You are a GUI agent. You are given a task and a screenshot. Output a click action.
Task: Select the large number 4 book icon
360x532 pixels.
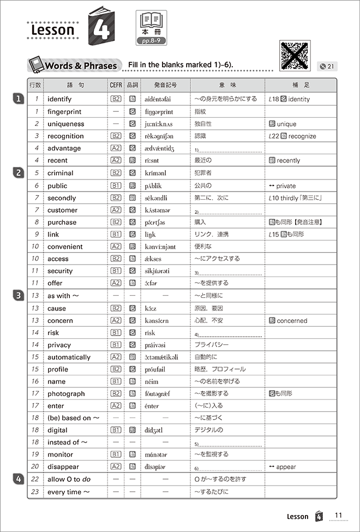click(x=100, y=27)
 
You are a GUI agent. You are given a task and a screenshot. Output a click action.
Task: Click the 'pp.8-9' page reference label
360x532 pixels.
click(x=151, y=41)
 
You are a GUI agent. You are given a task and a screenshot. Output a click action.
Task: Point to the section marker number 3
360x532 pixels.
click(x=19, y=295)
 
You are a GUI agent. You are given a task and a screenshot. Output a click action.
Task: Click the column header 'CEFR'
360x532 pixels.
click(x=116, y=85)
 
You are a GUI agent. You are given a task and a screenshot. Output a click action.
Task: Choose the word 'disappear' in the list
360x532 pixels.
click(x=63, y=467)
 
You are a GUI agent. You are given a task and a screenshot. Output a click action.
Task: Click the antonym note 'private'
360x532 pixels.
click(x=287, y=186)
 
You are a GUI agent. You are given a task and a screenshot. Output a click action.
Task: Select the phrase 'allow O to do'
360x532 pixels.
click(x=68, y=479)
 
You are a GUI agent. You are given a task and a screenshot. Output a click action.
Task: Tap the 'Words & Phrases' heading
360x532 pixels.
click(x=81, y=66)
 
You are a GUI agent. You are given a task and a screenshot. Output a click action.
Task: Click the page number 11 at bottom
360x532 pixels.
click(x=338, y=516)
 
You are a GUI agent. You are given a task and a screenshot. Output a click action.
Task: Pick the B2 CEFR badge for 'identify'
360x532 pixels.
click(x=116, y=99)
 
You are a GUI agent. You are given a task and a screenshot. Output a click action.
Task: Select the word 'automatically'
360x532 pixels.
click(x=69, y=357)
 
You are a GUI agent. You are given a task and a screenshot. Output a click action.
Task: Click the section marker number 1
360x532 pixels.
click(x=19, y=99)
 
